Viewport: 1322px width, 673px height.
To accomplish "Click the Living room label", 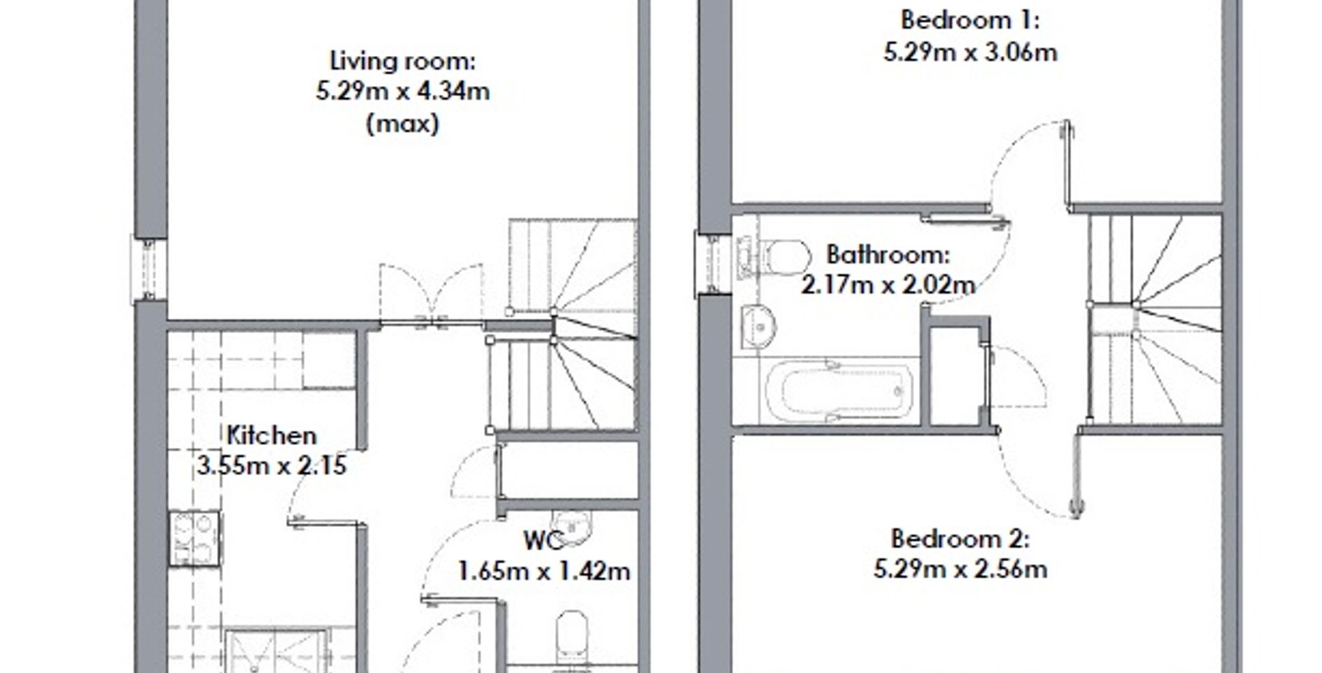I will click(402, 62).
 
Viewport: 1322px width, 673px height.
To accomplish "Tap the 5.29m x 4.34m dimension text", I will click(402, 92).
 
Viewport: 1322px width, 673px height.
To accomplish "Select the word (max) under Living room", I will click(402, 124).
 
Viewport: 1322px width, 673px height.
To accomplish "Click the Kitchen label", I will click(271, 435).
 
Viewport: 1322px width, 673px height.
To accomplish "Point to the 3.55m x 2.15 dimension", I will click(271, 465).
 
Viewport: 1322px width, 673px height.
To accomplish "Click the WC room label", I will click(543, 540).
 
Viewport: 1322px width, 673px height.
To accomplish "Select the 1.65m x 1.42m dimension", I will click(543, 571).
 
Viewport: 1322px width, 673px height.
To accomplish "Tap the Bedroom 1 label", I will click(969, 20).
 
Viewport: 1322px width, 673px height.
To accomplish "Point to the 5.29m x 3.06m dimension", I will click(969, 52).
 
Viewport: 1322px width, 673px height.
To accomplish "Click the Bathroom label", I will click(888, 254).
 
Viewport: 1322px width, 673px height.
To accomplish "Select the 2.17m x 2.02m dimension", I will click(888, 285).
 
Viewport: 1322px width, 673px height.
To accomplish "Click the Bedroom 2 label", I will click(960, 539).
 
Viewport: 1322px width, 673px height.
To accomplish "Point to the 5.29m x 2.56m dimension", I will click(960, 569).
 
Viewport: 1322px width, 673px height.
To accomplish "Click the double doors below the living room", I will click(431, 294).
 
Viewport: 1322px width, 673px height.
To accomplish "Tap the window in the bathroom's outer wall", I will click(713, 264).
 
